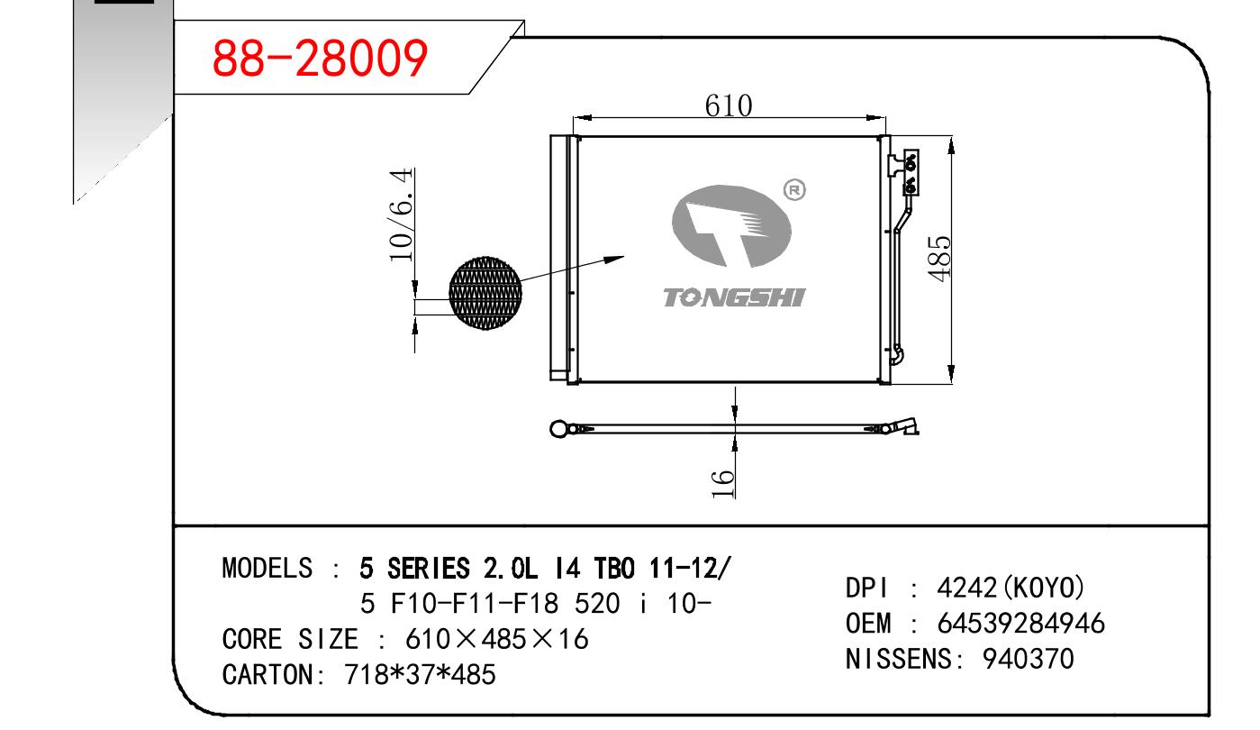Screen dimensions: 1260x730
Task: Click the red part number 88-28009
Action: click(x=320, y=58)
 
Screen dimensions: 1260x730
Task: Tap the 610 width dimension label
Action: click(x=729, y=105)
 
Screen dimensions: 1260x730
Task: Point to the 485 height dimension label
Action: click(x=939, y=259)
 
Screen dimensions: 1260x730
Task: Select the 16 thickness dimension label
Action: click(x=723, y=483)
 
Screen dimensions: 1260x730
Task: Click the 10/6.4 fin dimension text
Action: click(x=401, y=214)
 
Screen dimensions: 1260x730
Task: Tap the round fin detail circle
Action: click(x=485, y=293)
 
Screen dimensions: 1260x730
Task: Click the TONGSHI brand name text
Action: click(x=735, y=297)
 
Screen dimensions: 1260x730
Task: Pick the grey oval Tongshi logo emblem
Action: click(x=731, y=225)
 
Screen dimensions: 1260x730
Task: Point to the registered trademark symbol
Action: click(x=794, y=190)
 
